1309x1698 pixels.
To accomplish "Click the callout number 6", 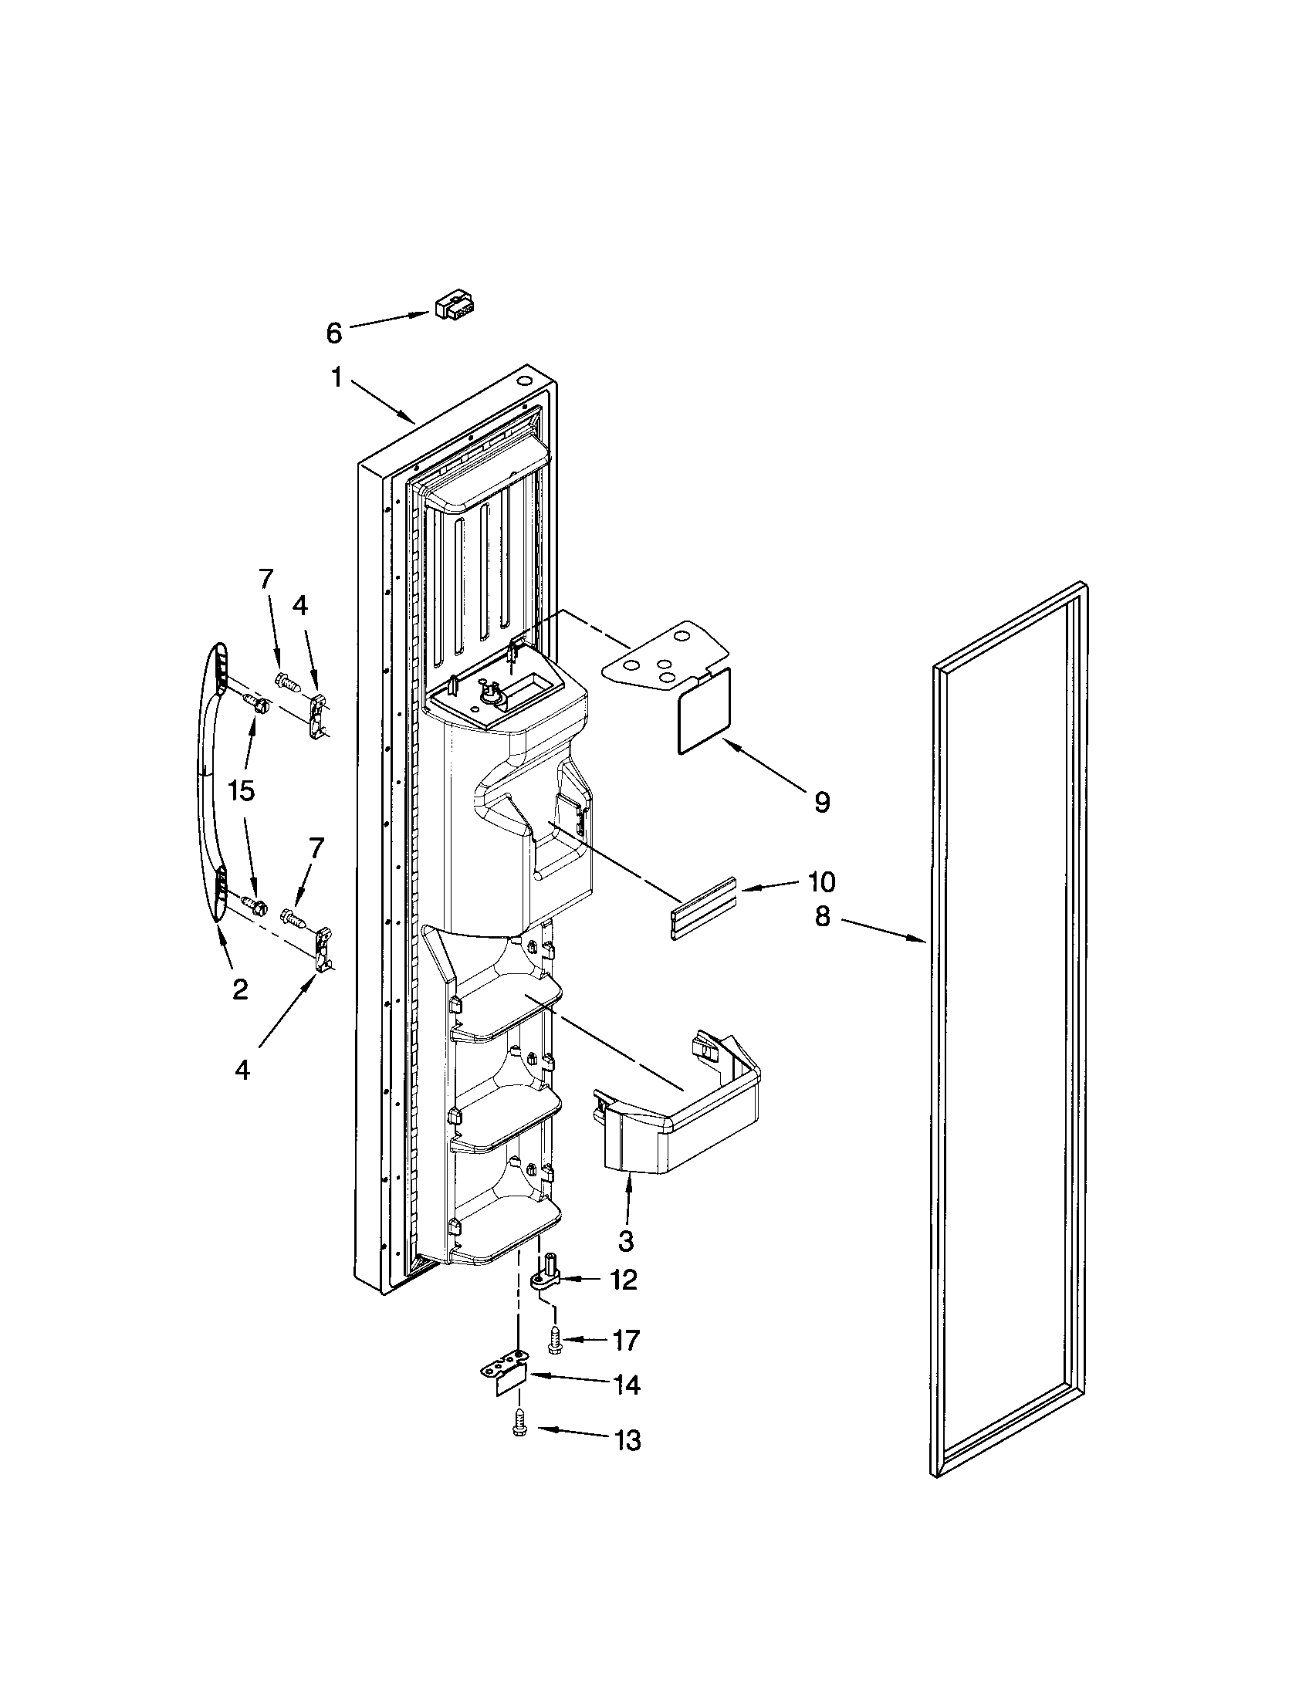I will (333, 333).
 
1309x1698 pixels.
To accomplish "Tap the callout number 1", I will (337, 378).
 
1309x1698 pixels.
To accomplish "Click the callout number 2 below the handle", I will (240, 989).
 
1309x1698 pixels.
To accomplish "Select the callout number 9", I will (822, 802).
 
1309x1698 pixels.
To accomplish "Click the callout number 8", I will (823, 917).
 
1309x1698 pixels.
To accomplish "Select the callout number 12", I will (624, 1280).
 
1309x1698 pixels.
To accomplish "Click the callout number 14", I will (626, 1385).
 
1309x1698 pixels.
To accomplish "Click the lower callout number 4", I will (242, 1071).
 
